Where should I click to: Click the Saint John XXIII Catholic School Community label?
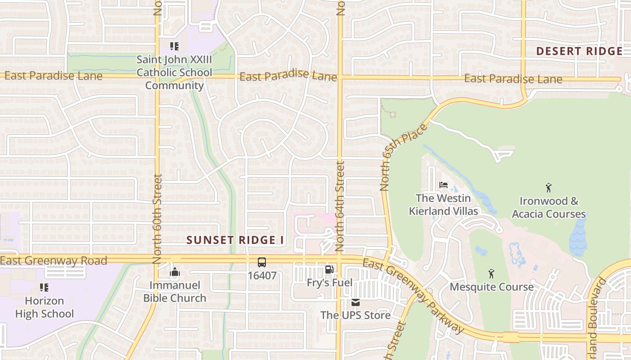pos(174,72)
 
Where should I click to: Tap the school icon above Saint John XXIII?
pos(174,46)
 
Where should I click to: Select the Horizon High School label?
pos(44,307)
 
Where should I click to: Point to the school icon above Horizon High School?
pos(44,287)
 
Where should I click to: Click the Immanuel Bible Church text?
pos(174,292)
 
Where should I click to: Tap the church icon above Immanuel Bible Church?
pos(175,272)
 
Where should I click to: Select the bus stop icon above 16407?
pos(262,262)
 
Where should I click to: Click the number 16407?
pos(262,275)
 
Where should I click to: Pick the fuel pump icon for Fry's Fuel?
pos(329,270)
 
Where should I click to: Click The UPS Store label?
pos(355,315)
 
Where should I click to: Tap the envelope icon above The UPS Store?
pos(356,302)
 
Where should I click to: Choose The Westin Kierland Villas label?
pos(443,205)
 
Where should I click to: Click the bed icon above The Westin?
pos(444,185)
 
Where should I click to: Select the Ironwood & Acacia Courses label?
pos(549,207)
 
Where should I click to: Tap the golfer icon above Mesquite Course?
pos(491,273)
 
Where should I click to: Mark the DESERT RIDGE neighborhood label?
pos(579,51)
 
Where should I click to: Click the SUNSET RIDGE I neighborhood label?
pos(235,240)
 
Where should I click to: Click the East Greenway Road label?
pos(54,261)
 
